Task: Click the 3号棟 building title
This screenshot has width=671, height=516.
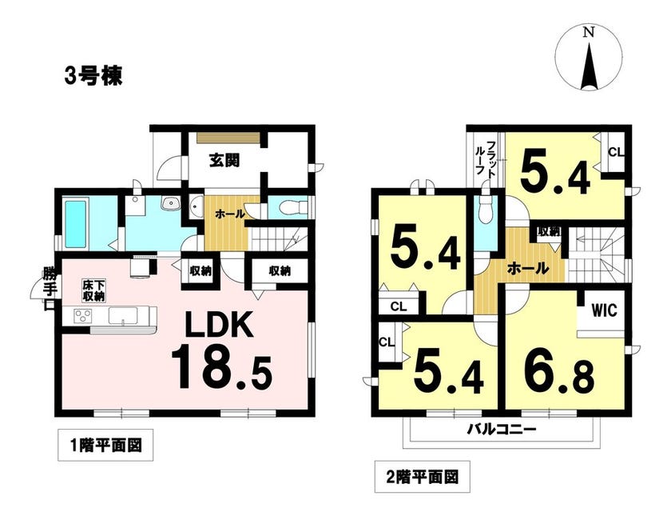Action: coord(93,76)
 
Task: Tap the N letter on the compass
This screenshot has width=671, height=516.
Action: coord(590,32)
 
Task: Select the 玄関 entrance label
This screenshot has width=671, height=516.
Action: coord(224,160)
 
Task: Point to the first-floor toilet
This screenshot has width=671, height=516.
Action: coord(292,208)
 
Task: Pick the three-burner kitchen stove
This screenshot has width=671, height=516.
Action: coord(84,316)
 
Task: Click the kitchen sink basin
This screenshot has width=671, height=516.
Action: coord(123,316)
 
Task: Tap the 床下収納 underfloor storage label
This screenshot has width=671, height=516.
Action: coord(93,291)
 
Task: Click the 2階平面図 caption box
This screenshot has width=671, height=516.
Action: coord(422,476)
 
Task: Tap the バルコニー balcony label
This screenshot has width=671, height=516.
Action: coord(501,429)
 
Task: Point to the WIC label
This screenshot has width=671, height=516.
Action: coord(604,310)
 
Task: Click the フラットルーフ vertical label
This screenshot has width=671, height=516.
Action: coord(486,158)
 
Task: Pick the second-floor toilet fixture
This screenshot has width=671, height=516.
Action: coord(486,209)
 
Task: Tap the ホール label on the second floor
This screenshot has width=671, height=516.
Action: coord(528,268)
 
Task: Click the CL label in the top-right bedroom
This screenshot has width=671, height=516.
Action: coord(616,152)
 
